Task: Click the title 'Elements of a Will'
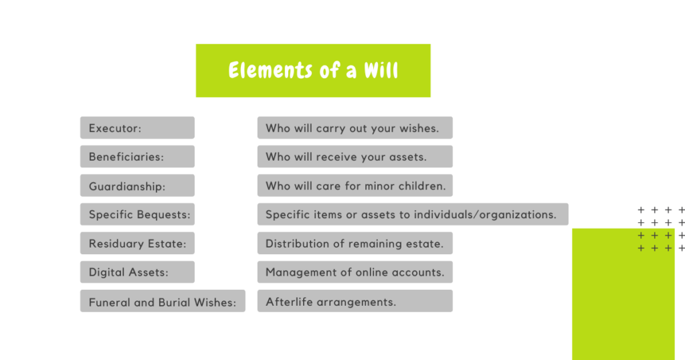[313, 70]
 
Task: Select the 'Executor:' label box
[137, 128]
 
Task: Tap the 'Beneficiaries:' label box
[137, 157]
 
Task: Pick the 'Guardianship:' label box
[137, 185]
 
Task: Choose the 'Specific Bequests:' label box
[137, 214]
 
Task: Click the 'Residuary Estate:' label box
[137, 243]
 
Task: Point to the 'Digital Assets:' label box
[137, 272]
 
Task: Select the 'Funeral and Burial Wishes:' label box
[163, 300]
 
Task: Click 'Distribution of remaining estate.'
[355, 243]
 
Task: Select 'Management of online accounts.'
[355, 272]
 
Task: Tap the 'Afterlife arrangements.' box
[355, 300]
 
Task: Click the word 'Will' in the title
[381, 70]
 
